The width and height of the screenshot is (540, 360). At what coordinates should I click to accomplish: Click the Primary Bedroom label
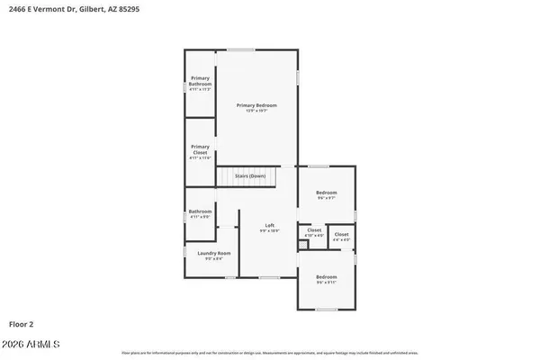[x=256, y=105]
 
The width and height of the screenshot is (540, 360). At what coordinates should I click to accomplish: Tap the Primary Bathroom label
[x=200, y=82]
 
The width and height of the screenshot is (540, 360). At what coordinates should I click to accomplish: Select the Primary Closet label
[x=200, y=149]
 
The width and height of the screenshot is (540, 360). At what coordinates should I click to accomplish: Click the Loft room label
[x=269, y=225]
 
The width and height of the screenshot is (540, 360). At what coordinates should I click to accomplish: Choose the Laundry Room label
[x=214, y=253]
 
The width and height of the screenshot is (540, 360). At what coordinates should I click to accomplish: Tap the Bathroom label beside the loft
[x=200, y=211]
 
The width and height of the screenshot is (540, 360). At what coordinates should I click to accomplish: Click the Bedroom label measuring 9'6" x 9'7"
[x=326, y=193]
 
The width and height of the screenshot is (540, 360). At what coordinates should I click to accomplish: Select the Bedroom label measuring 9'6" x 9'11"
[x=326, y=276]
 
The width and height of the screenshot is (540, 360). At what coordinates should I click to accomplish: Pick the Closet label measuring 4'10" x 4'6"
[x=314, y=230]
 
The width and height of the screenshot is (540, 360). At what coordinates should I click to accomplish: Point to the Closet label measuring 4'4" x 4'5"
[x=342, y=235]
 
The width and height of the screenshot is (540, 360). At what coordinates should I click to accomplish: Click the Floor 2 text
[x=21, y=322]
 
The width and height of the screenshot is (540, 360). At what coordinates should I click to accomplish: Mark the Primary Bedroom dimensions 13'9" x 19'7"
[x=256, y=111]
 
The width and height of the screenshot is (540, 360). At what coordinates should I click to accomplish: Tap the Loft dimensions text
[x=269, y=230]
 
